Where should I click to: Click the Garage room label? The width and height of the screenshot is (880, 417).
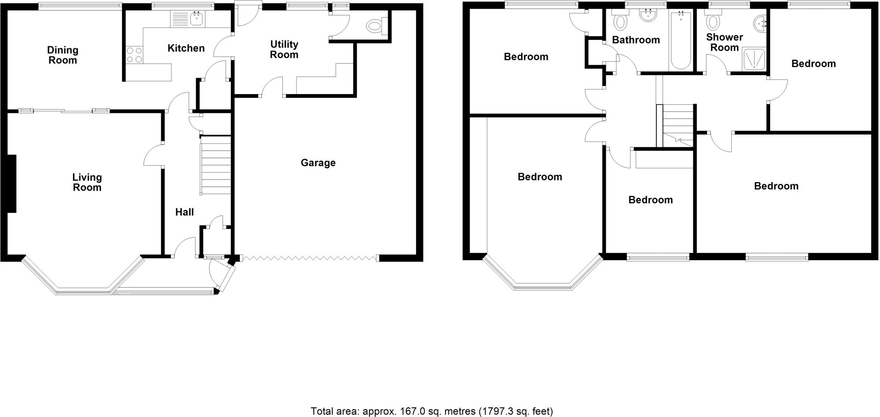click(x=318, y=163)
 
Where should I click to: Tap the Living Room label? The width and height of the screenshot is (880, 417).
click(x=87, y=182)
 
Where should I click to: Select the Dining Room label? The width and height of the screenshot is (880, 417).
click(x=63, y=55)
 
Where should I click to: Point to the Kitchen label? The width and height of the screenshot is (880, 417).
click(x=186, y=48)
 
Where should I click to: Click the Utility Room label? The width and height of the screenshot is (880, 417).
click(x=284, y=49)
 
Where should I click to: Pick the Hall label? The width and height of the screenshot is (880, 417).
click(x=184, y=212)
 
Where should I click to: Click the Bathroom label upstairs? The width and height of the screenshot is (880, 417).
click(x=636, y=40)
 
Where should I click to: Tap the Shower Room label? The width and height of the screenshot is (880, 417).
click(x=724, y=42)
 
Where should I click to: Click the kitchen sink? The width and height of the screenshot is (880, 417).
click(x=197, y=18)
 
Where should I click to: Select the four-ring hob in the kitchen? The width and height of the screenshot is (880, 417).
click(x=134, y=55)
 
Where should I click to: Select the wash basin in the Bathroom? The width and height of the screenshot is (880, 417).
click(x=648, y=16)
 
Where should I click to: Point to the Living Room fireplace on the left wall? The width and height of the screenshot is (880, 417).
click(x=12, y=183)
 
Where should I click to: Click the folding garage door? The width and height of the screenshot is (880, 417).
click(x=309, y=258)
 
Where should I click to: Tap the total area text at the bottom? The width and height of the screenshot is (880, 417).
click(x=431, y=411)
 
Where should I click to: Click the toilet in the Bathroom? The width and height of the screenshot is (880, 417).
click(x=620, y=21)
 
